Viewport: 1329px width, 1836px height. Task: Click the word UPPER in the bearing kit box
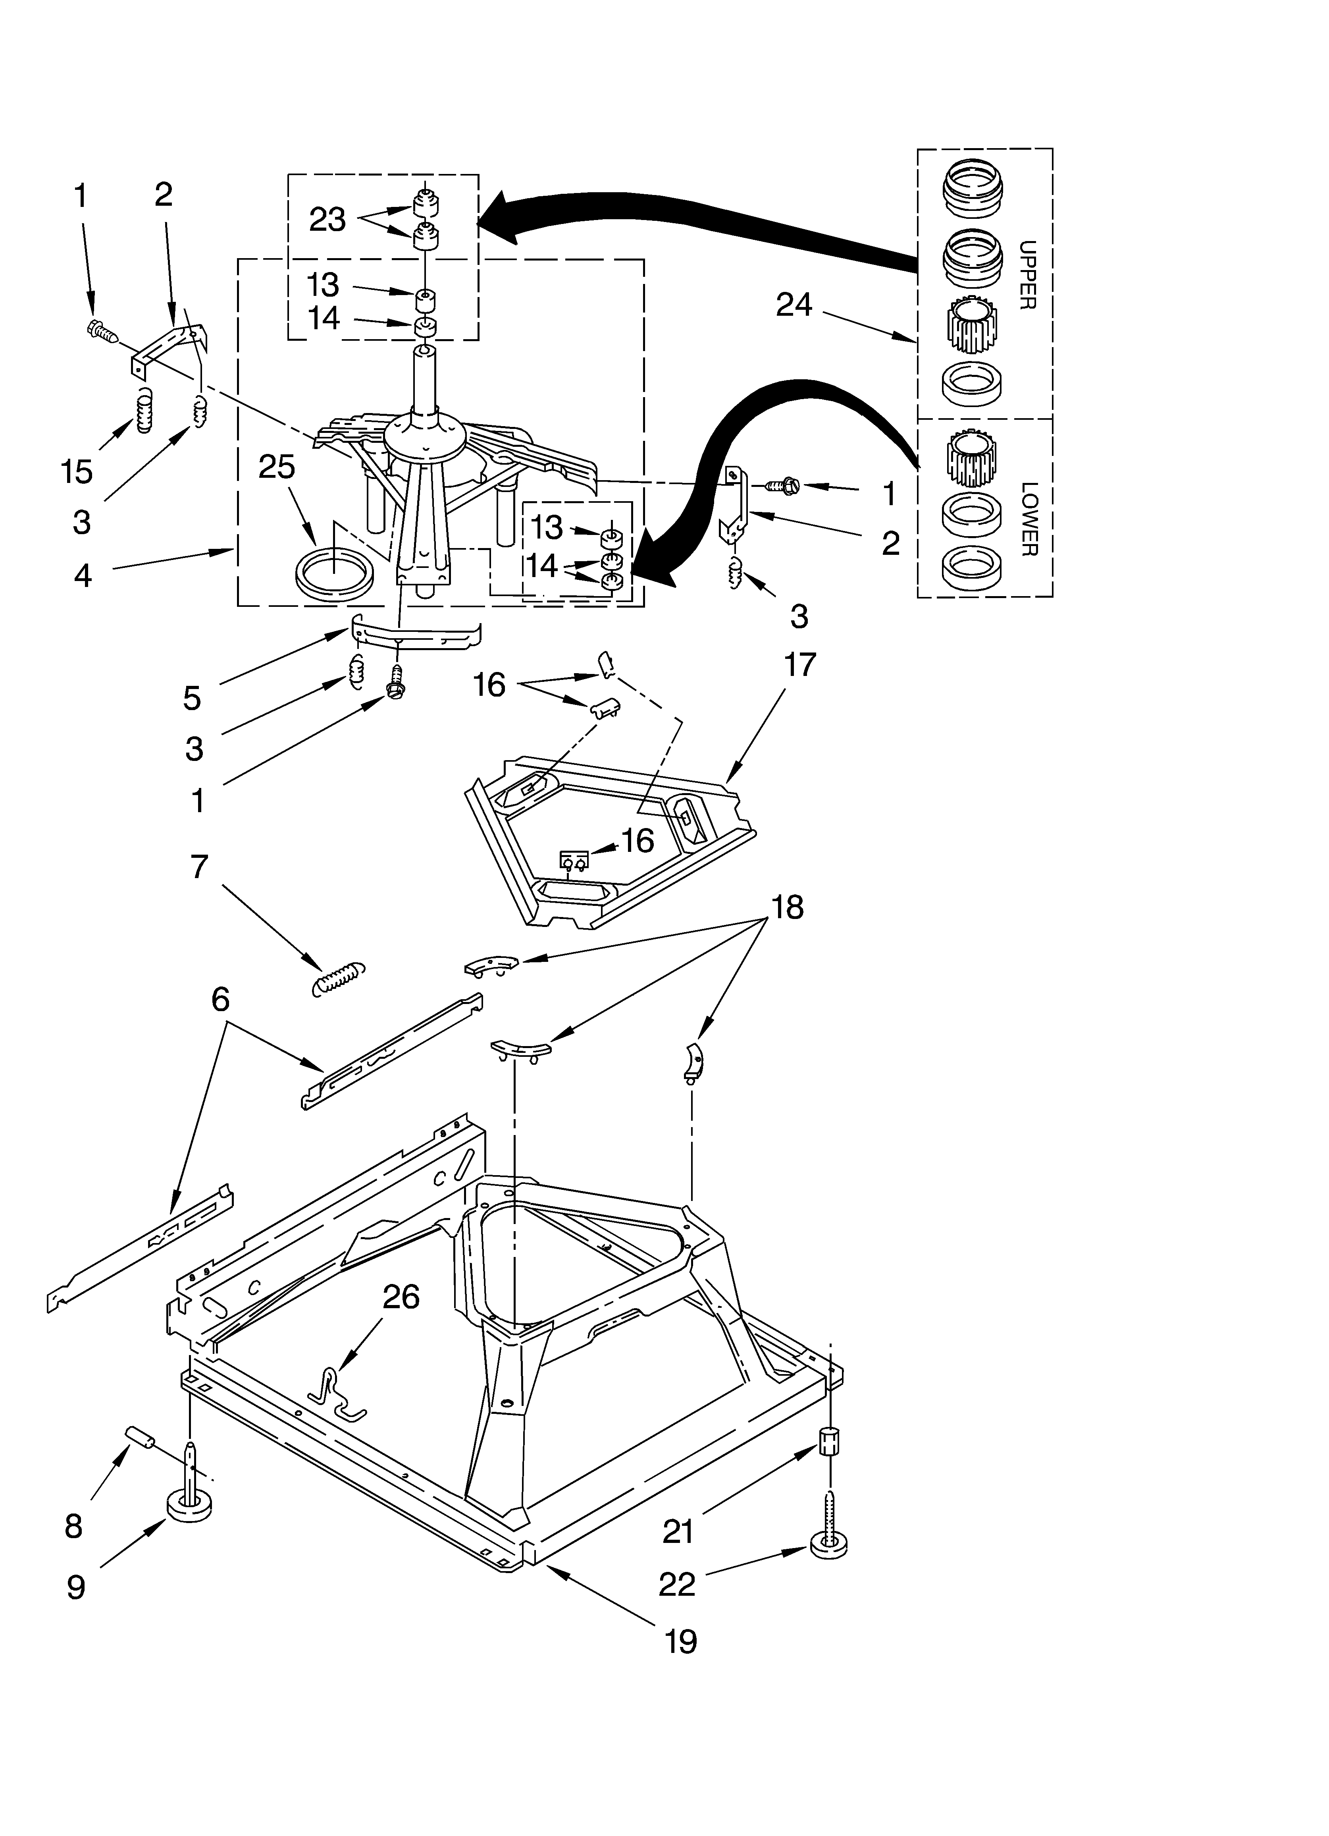[1026, 275]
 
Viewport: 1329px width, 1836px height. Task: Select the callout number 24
[793, 305]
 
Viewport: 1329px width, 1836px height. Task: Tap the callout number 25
[277, 467]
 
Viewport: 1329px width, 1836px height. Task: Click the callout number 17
[800, 666]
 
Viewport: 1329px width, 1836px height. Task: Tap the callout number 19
[680, 1641]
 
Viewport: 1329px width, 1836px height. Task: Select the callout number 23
[327, 219]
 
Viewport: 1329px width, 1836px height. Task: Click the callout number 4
[83, 575]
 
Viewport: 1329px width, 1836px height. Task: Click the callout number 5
[192, 698]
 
